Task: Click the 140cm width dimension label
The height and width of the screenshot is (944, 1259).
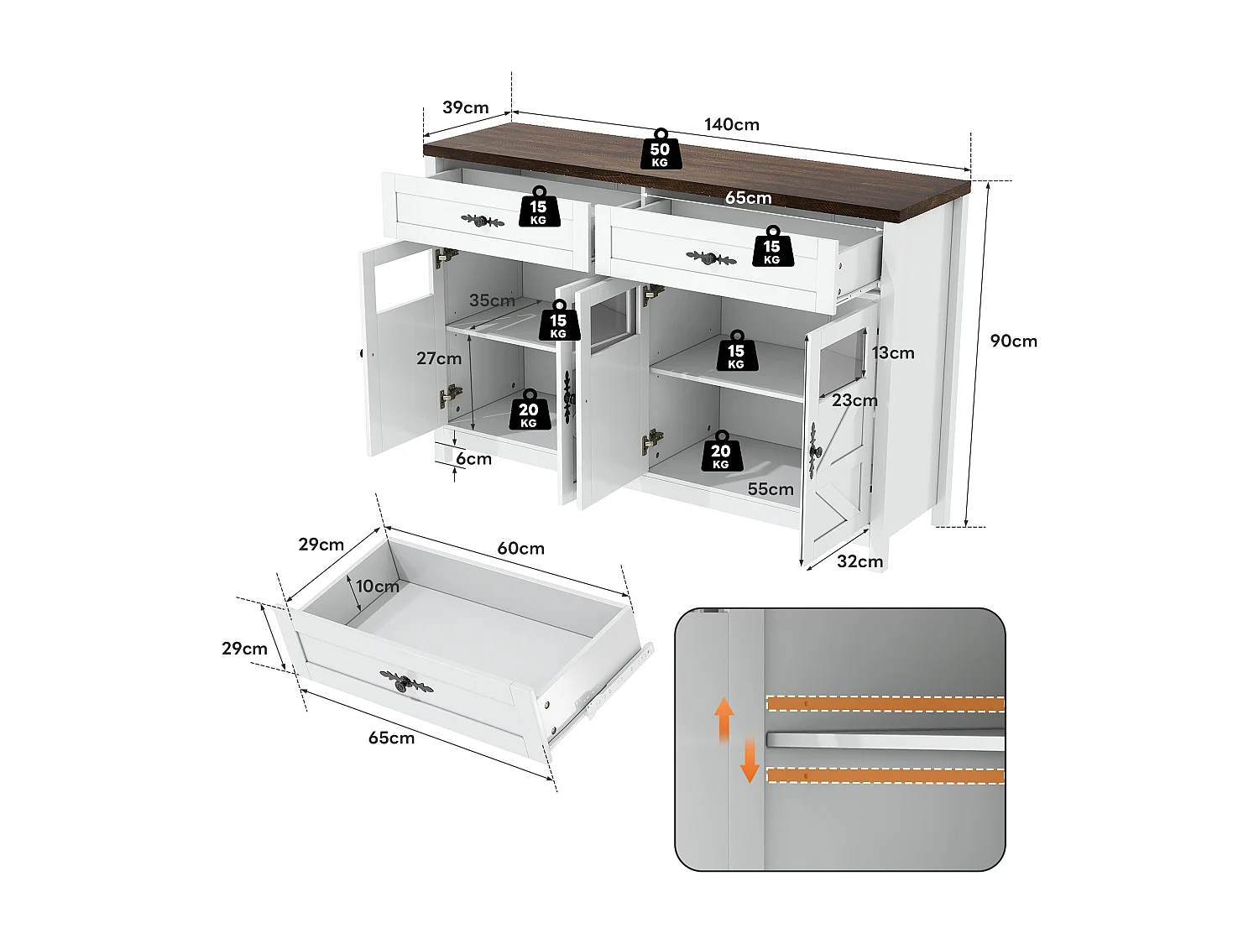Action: pyautogui.click(x=731, y=125)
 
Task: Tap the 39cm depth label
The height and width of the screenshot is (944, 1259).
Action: pyautogui.click(x=465, y=108)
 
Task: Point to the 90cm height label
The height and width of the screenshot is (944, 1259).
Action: pyautogui.click(x=1013, y=341)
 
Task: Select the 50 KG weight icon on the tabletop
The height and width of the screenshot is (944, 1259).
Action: pyautogui.click(x=661, y=151)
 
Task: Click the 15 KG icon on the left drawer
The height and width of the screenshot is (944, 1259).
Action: pyautogui.click(x=538, y=208)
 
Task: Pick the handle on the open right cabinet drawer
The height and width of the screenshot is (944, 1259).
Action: pyautogui.click(x=710, y=258)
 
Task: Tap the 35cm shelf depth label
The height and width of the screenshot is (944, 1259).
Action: pyautogui.click(x=492, y=300)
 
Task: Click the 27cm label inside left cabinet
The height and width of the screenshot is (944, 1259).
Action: pyautogui.click(x=438, y=358)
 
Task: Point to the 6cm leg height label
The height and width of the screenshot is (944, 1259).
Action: pyautogui.click(x=473, y=459)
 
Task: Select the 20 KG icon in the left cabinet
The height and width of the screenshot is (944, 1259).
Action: pyautogui.click(x=529, y=411)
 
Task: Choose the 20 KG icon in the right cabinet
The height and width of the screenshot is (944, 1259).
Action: pyautogui.click(x=721, y=453)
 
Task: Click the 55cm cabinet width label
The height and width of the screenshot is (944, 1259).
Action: pyautogui.click(x=771, y=489)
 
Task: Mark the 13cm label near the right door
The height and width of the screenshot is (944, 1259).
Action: pyautogui.click(x=892, y=353)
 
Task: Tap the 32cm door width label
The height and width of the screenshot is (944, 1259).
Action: pyautogui.click(x=859, y=561)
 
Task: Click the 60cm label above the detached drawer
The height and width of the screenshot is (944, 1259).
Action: pyautogui.click(x=520, y=549)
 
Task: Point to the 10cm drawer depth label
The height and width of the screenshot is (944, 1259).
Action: pyautogui.click(x=377, y=587)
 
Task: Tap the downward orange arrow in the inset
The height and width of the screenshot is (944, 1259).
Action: pyautogui.click(x=750, y=761)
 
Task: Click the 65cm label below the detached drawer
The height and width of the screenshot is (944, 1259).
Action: pyautogui.click(x=391, y=738)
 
